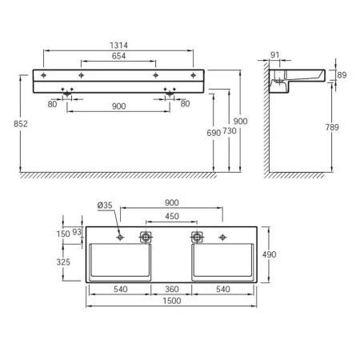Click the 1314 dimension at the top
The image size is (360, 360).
(x=118, y=46)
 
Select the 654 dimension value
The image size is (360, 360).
(x=118, y=57)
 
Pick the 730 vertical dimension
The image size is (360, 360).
(x=229, y=130)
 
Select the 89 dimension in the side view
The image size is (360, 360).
(x=342, y=74)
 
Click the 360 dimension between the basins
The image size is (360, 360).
(x=171, y=289)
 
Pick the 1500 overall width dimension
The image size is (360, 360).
(x=171, y=301)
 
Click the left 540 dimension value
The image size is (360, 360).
(x=120, y=289)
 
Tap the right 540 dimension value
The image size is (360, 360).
(x=223, y=289)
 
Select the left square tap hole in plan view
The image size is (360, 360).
(x=146, y=237)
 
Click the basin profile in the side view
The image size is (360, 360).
(x=300, y=77)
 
